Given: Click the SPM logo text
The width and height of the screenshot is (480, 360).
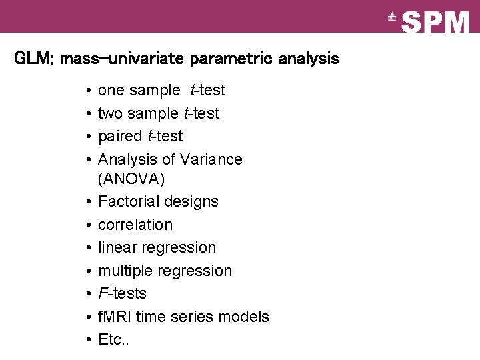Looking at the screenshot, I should coord(436,22).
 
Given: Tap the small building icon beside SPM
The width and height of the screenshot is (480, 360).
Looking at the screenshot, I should coord(392,18).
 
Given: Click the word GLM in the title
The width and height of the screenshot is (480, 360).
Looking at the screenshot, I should coord(29,59).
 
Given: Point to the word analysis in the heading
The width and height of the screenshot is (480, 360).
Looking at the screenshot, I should coord(309,59).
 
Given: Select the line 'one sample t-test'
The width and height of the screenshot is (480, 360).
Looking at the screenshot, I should coord(161,90).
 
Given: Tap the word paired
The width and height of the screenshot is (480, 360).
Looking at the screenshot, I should coord(120,137).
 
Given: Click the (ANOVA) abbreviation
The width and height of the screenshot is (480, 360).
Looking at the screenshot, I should coord(131,179).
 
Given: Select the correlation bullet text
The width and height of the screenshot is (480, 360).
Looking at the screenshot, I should coord(135,225).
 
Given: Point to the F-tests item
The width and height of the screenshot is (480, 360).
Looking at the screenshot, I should coord(122,293).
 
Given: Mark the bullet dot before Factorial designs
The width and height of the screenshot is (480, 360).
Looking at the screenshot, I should coord(89,201).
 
